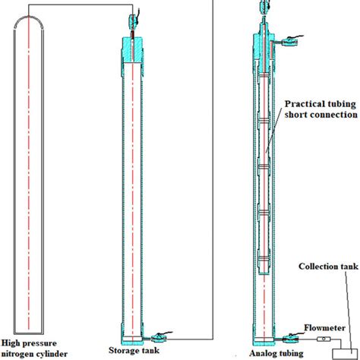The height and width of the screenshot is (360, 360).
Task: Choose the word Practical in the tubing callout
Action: coord(305,103)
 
